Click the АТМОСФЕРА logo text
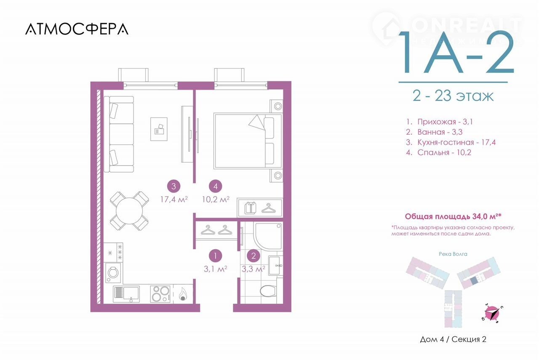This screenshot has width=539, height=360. [77, 29]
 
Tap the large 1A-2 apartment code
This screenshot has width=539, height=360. [456, 52]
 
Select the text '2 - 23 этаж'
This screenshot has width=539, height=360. [453, 96]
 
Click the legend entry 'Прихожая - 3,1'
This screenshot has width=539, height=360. [440, 122]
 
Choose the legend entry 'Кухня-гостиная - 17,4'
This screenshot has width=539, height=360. [451, 142]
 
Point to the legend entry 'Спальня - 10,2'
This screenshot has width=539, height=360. [439, 152]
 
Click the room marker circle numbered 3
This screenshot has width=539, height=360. [174, 186]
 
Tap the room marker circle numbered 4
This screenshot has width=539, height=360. [215, 186]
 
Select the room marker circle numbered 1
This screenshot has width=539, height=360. [215, 256]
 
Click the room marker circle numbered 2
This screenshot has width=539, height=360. [253, 256]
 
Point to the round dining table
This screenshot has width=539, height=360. [129, 211]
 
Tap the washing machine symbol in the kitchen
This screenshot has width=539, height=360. [113, 272]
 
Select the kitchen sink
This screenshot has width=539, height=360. [126, 294]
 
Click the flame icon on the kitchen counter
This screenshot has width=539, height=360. [183, 294]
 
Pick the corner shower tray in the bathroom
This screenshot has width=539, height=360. [268, 237]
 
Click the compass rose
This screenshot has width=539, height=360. [492, 314]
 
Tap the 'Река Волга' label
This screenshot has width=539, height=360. [453, 254]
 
